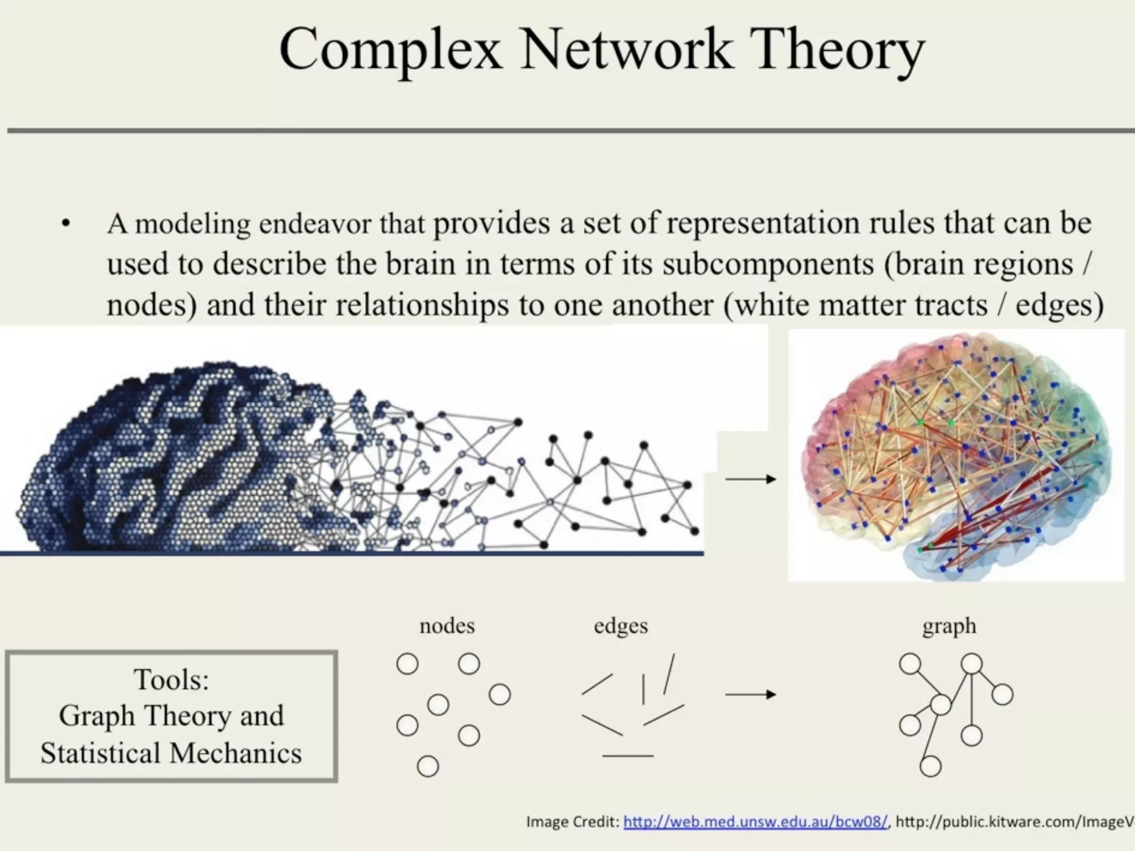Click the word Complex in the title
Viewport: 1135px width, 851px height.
click(x=391, y=51)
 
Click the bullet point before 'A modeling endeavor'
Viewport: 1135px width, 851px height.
click(x=66, y=225)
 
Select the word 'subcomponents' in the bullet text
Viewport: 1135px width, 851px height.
click(x=768, y=264)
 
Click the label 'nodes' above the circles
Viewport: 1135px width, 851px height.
click(x=447, y=626)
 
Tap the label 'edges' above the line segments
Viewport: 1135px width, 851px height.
click(x=621, y=626)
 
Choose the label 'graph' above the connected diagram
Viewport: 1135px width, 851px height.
click(x=949, y=626)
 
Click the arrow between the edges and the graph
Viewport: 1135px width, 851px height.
click(x=750, y=694)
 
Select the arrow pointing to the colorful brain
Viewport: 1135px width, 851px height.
click(x=750, y=479)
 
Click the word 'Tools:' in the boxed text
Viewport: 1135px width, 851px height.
click(x=171, y=679)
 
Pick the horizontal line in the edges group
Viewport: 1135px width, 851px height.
click(x=627, y=756)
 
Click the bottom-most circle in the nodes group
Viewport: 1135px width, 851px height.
click(x=428, y=767)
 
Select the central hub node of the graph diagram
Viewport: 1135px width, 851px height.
click(x=940, y=705)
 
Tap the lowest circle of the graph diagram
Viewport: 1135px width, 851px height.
click(x=931, y=767)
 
